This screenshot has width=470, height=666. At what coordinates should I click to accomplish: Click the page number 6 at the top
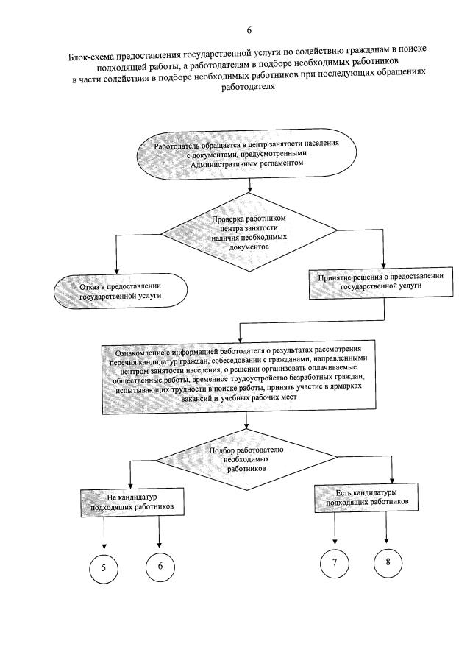pos(249,30)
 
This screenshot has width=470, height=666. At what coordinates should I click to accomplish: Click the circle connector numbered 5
pos(104,567)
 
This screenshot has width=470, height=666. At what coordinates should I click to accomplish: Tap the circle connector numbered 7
pos(335,563)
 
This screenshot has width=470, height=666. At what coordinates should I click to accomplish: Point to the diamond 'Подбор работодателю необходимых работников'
pos(247,458)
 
